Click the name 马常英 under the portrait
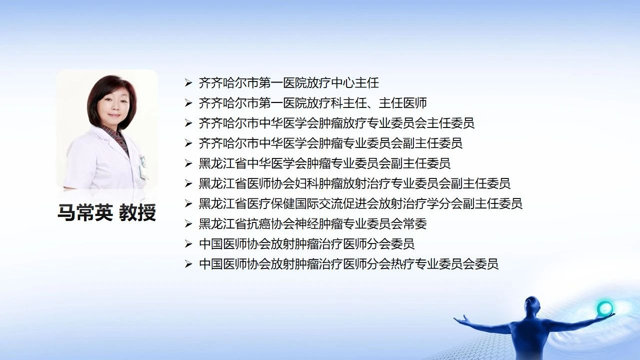85,212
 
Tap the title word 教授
137,212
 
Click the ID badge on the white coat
143,167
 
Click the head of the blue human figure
531,306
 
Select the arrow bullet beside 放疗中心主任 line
188,83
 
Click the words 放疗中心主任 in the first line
342,83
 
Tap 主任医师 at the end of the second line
403,103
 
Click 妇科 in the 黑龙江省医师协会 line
306,183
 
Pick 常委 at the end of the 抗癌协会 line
415,223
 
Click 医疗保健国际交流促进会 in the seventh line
312,203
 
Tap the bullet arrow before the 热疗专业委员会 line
188,264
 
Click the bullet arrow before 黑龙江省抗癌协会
188,223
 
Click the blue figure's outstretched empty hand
460,319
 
